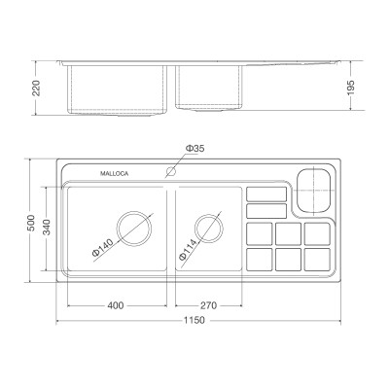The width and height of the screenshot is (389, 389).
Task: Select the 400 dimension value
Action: [x=116, y=305]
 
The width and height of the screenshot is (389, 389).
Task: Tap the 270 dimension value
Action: [x=207, y=305]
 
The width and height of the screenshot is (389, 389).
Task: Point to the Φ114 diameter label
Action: [x=189, y=247]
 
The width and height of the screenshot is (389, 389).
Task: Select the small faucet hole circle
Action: [x=171, y=173]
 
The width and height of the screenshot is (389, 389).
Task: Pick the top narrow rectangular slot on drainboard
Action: [x=264, y=193]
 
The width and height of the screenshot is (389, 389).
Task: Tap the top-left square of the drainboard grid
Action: [x=260, y=233]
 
